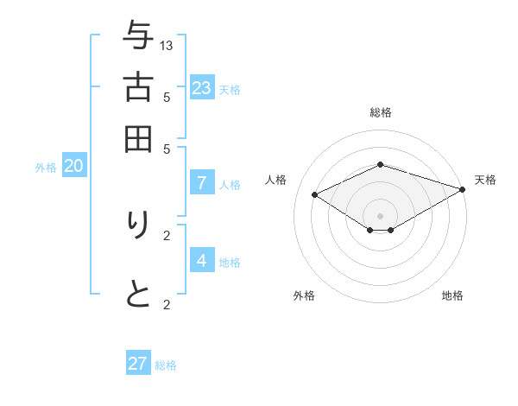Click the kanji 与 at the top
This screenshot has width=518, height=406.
(x=138, y=36)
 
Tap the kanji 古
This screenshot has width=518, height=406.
(x=138, y=88)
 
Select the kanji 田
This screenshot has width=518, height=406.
(x=138, y=138)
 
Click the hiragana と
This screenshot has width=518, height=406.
(x=138, y=295)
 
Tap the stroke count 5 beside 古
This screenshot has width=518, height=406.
(x=167, y=98)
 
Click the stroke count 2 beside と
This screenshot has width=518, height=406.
(x=167, y=304)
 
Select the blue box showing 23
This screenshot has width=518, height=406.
(x=202, y=87)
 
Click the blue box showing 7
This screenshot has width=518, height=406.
(x=202, y=182)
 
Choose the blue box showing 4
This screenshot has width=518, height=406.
(x=202, y=260)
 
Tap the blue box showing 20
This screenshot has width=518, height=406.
(x=73, y=166)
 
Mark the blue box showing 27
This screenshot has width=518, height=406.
(x=138, y=364)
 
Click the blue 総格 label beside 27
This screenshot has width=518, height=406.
(x=167, y=365)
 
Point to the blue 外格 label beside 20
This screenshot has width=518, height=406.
(x=46, y=168)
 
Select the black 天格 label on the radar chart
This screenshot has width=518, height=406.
(x=485, y=180)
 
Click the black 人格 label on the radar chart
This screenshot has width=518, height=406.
(x=276, y=180)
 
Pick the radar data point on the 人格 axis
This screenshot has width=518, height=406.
(x=315, y=194)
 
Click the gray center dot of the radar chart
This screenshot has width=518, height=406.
(x=381, y=215)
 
